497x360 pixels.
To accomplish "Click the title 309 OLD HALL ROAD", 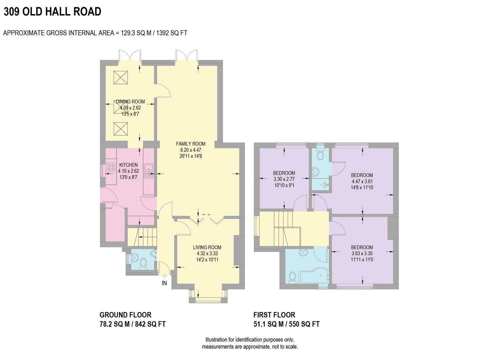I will point(52,12).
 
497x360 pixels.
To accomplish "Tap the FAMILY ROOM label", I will point(191,144).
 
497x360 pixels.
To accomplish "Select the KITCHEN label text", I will point(129,165).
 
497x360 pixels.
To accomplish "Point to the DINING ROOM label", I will point(130,102).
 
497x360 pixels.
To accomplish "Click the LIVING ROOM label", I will point(207,247).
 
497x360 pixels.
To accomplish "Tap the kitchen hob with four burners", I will point(111,167).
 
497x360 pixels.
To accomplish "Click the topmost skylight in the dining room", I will point(121,78).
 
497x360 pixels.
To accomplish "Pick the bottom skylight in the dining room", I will point(121,128).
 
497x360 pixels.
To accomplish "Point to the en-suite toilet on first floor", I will point(320,155).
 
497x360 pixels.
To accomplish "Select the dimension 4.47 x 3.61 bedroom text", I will point(362,181).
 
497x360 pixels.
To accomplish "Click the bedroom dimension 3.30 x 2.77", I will point(284,179).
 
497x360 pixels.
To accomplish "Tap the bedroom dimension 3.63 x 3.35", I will point(362,253).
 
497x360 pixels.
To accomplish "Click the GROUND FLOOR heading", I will point(126,315).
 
